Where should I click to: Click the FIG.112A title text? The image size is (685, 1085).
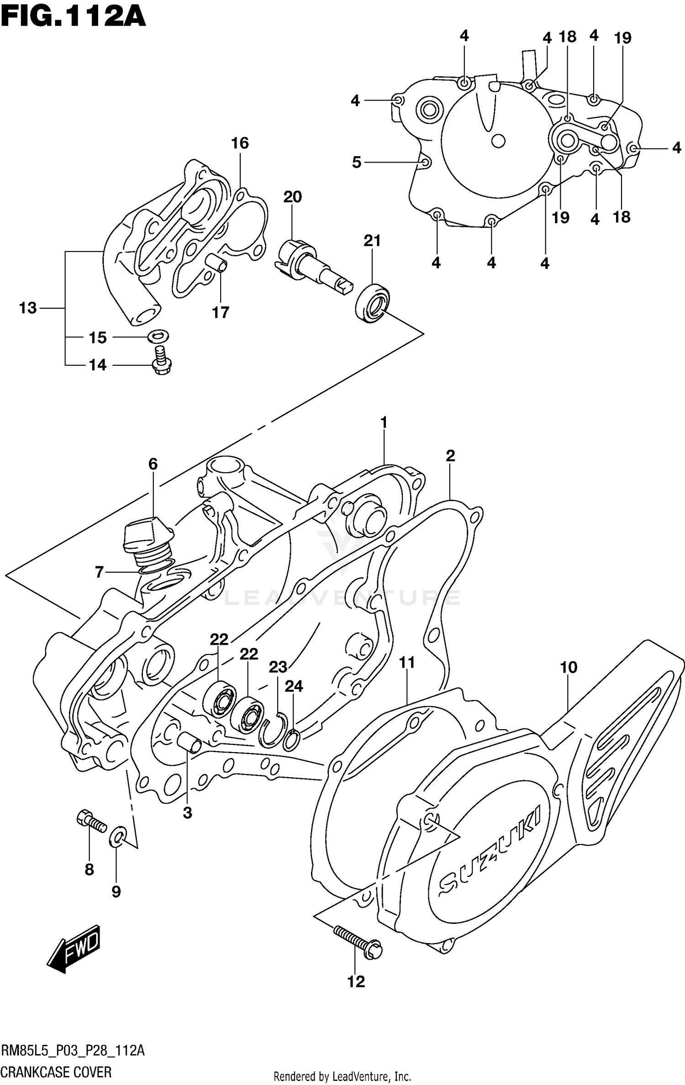tap(73, 17)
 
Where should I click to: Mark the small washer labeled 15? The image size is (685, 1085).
tap(158, 337)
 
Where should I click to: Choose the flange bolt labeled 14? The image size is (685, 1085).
tap(160, 360)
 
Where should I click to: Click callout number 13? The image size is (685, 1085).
tap(27, 308)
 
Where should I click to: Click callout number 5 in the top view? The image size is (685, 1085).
tap(357, 162)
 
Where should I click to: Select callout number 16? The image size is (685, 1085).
tap(240, 143)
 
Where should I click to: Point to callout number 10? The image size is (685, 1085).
tap(569, 668)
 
